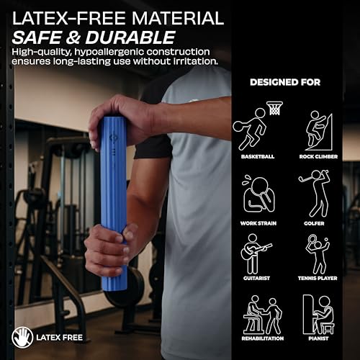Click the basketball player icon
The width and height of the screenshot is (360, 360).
pos(250,130)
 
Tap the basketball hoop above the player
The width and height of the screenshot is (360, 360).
pos(275,108)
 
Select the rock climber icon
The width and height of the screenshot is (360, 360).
pos(319,131)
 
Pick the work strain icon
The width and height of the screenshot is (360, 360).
pos(258,194)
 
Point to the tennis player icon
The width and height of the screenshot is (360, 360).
pos(318,254)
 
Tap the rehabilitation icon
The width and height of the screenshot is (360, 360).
pos(263,315)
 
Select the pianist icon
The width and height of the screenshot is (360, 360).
pos(318,315)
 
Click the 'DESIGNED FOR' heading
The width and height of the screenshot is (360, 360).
pos(285,82)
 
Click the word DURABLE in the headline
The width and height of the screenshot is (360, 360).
pos(130,37)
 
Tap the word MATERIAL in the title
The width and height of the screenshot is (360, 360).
pos(178,18)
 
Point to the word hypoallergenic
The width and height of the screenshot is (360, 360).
pos(109,52)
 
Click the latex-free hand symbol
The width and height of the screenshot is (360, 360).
pos(22,337)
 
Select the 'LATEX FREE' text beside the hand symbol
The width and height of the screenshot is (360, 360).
pos(60,338)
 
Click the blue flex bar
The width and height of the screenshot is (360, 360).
pos(113,204)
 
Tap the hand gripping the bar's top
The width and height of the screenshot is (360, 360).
pos(120,120)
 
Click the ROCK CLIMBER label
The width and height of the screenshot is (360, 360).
pos(318,157)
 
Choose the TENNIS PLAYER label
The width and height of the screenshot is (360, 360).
pos(318,279)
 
